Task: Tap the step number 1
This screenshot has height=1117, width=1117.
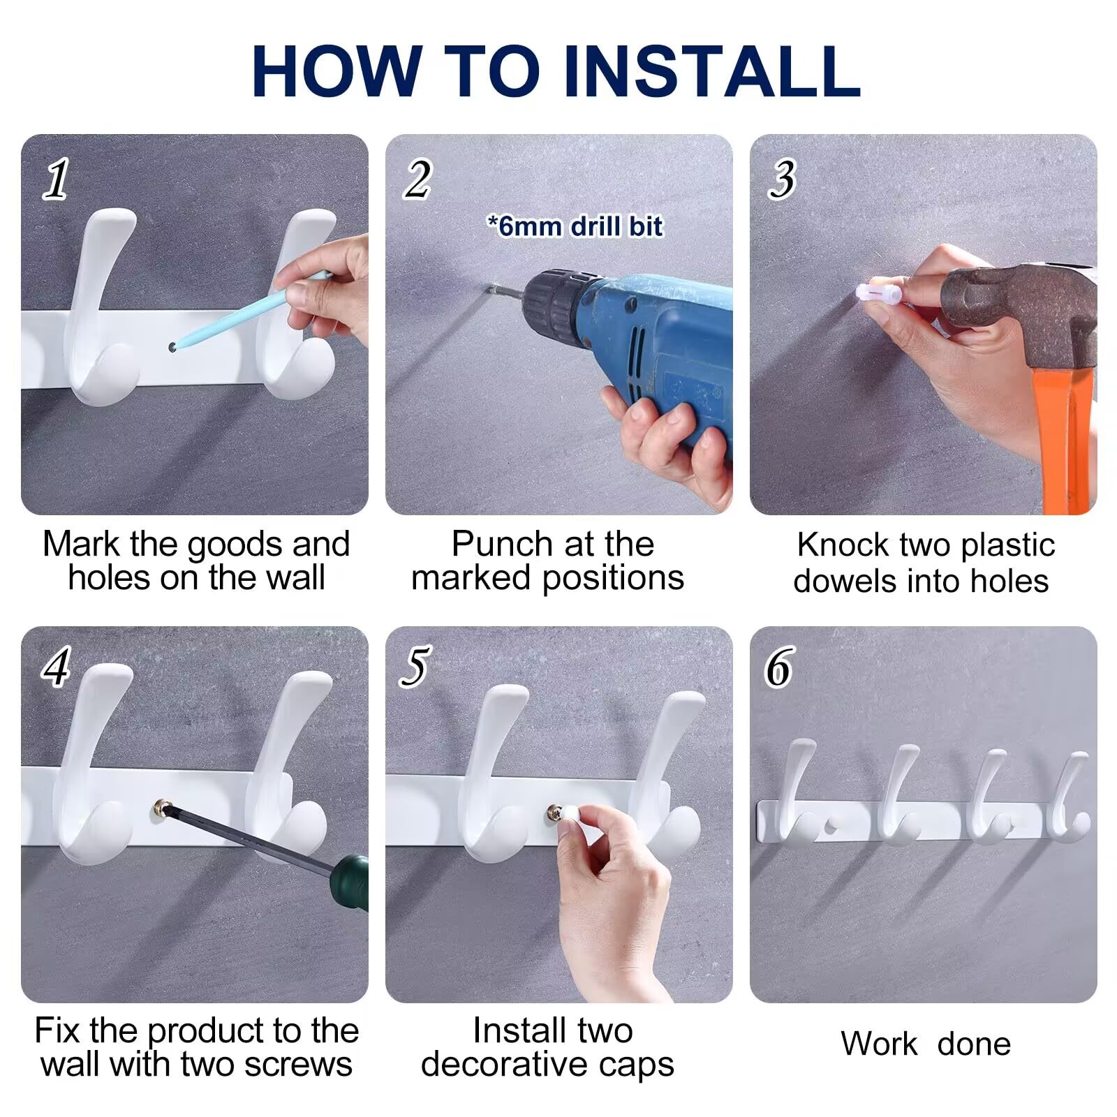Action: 57,179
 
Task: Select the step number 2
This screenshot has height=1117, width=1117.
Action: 418,179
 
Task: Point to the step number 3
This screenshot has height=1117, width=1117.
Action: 783,179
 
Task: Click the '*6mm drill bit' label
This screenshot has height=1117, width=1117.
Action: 575,226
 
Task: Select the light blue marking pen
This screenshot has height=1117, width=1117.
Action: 251,311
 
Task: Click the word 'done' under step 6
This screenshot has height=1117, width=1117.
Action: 974,1044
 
